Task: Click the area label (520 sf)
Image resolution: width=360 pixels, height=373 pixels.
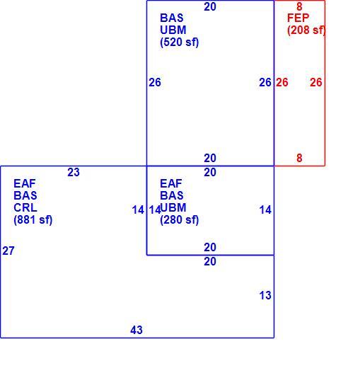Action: tap(179, 42)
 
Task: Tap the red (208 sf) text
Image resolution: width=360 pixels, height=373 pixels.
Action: tap(306, 30)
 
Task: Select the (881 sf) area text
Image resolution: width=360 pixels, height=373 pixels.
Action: tap(33, 219)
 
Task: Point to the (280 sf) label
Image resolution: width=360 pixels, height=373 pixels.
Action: tap(179, 219)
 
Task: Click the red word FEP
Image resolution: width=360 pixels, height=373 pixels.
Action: tap(298, 18)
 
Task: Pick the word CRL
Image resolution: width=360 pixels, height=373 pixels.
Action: tap(25, 207)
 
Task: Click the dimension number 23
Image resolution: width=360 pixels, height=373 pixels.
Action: tap(74, 172)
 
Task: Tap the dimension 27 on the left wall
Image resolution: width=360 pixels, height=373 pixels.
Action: tap(8, 251)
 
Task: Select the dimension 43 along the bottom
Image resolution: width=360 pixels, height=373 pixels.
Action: tap(137, 330)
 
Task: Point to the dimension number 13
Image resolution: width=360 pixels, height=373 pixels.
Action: tap(265, 295)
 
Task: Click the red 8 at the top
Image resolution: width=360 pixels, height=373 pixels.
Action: tap(299, 6)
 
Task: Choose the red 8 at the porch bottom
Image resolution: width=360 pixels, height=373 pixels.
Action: tap(299, 158)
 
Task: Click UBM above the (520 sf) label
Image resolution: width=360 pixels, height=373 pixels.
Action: tap(173, 30)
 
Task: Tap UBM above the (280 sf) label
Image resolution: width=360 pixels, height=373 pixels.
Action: tap(173, 207)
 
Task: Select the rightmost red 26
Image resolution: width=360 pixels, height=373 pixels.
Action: tap(316, 82)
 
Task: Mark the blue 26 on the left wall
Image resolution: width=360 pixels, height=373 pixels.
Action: tap(155, 82)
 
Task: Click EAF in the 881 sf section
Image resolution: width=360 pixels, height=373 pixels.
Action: tap(25, 183)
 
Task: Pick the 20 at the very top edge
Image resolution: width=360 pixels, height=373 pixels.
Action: tap(210, 6)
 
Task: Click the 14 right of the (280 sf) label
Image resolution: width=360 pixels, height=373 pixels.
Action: tap(265, 210)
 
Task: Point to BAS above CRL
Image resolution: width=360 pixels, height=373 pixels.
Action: tap(25, 195)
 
